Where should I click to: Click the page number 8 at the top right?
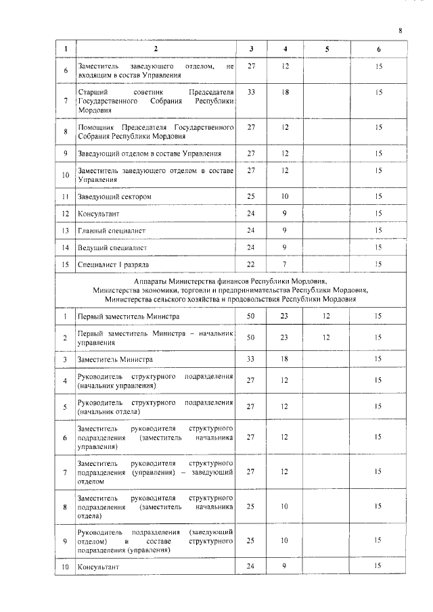400,30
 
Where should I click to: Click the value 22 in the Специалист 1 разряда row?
252,264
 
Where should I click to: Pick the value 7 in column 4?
286,264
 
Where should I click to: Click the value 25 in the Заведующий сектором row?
252,197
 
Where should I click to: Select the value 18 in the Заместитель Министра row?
286,360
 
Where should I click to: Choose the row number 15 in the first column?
66,264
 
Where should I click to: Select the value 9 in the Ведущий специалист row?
286,248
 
